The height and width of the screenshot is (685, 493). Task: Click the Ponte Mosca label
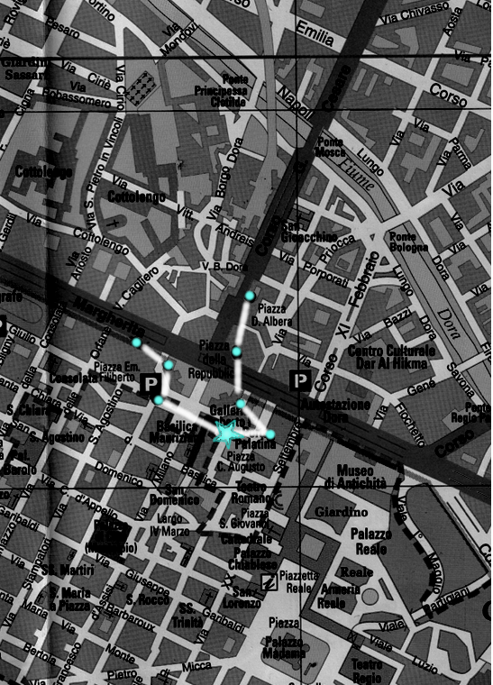coord(331,148)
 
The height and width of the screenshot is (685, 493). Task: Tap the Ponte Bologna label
coord(408,242)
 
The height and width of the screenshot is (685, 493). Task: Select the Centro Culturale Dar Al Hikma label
coord(392,356)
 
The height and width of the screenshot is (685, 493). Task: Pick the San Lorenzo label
coord(246,598)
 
